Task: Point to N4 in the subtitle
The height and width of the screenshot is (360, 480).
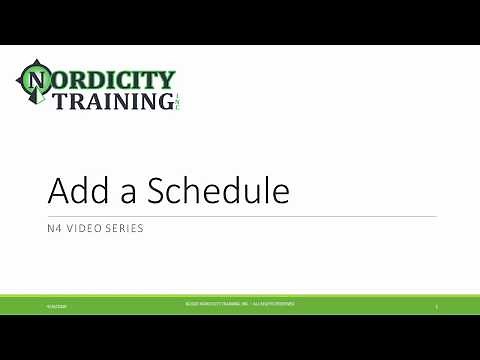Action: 55,228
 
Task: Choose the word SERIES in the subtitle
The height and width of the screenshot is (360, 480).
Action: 124,228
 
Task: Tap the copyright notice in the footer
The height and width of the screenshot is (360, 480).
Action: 239,303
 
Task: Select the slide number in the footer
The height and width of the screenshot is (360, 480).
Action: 437,304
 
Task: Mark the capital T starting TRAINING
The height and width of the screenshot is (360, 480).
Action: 62,101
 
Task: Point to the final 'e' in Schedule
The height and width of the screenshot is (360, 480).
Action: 283,194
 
